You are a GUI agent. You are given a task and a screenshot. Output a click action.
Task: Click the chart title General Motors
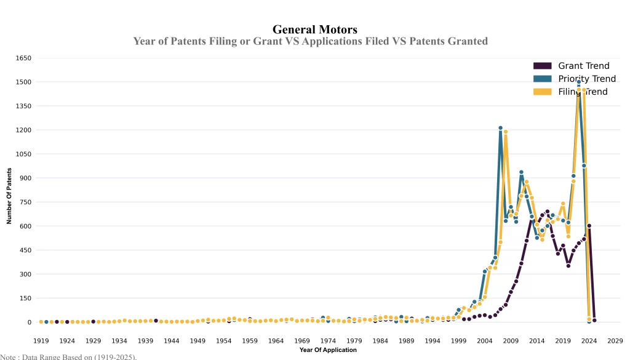point(314,30)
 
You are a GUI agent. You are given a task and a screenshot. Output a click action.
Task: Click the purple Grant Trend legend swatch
point(542,66)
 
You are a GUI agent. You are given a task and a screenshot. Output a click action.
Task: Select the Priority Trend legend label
point(587,79)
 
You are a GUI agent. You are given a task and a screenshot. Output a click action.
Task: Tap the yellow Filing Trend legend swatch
point(542,92)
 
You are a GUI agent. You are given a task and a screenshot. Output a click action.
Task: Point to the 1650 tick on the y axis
point(23,58)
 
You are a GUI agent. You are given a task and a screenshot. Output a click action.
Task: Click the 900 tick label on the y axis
point(25,178)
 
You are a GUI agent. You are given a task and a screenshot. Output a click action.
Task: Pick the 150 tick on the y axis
point(25,298)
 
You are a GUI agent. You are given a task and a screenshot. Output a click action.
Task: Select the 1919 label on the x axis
point(41,340)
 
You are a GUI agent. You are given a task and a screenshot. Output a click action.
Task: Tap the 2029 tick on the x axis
point(615,340)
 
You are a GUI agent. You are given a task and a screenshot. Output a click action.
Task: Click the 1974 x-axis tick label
point(328,340)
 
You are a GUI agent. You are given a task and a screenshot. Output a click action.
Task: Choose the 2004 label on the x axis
point(485,340)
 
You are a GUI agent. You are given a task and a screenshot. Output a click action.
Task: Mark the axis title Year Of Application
point(328,350)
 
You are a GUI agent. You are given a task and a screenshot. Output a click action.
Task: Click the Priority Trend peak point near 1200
point(500,128)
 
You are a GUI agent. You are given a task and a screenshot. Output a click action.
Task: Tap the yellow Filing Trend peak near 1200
point(506,131)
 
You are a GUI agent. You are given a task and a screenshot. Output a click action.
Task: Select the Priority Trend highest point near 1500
point(579,82)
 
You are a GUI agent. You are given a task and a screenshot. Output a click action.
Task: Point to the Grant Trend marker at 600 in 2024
point(589,226)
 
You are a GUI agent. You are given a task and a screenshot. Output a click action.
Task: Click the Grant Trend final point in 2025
point(594,320)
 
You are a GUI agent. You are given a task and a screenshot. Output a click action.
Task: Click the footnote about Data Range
point(68,356)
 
